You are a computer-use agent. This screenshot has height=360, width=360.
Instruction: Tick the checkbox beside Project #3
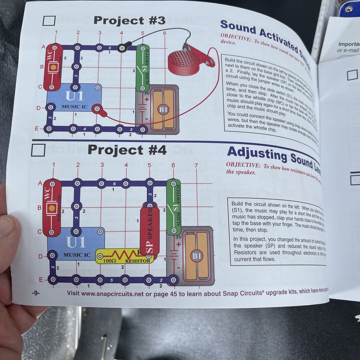click(x=49, y=21)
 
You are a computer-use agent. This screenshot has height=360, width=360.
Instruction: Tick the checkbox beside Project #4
click(x=38, y=150)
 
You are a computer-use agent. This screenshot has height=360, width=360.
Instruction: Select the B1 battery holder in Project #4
click(x=197, y=255)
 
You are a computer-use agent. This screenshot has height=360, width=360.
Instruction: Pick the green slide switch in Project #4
click(x=174, y=207)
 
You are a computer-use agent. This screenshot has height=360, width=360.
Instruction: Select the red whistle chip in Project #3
click(x=53, y=67)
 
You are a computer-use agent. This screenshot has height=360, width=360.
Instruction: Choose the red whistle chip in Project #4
click(x=51, y=207)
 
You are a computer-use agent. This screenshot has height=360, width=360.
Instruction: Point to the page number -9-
click(x=35, y=293)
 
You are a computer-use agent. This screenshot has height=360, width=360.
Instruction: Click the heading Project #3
click(x=129, y=21)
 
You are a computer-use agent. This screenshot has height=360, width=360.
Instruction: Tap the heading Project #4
click(x=127, y=150)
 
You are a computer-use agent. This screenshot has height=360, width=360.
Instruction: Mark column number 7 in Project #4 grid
click(x=196, y=165)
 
